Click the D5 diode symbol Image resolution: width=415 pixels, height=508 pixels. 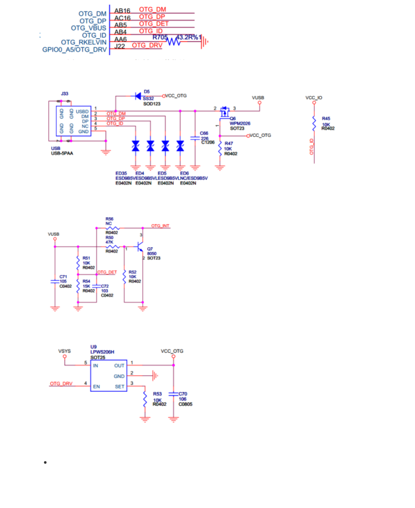(x=138, y=96)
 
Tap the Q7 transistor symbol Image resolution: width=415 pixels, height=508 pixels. (x=140, y=247)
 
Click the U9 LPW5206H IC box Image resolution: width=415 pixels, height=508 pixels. (x=108, y=376)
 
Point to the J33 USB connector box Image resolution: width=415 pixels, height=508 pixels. (x=74, y=121)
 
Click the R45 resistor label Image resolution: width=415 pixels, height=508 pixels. (x=326, y=118)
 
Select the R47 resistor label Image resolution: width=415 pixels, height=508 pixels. (x=229, y=143)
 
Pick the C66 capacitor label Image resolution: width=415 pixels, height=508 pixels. (x=204, y=133)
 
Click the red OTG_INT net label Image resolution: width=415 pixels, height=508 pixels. (x=160, y=226)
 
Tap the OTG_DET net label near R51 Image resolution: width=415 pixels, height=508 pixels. (x=107, y=272)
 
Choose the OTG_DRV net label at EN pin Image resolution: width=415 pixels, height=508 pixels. (x=61, y=384)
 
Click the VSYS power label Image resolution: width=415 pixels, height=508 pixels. (x=65, y=351)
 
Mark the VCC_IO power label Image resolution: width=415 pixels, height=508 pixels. (x=314, y=98)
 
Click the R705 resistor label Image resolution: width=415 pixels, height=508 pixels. (x=160, y=37)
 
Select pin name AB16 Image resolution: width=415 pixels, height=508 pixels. (x=122, y=11)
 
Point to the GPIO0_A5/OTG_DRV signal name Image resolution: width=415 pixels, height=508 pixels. (x=74, y=49)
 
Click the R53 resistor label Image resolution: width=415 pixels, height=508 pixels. (x=157, y=394)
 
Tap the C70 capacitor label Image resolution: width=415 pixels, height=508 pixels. (x=183, y=394)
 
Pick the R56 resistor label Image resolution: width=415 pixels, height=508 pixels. (x=110, y=219)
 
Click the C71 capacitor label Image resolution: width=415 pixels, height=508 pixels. (x=63, y=277)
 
